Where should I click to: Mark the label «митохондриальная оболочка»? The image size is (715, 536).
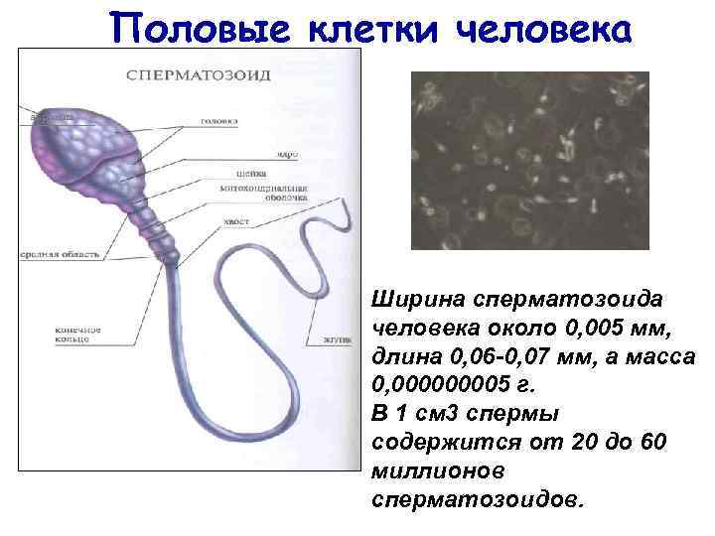click(267, 193)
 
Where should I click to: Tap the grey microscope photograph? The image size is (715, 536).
click(530, 159)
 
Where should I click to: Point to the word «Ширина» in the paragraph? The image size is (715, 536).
click(408, 299)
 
